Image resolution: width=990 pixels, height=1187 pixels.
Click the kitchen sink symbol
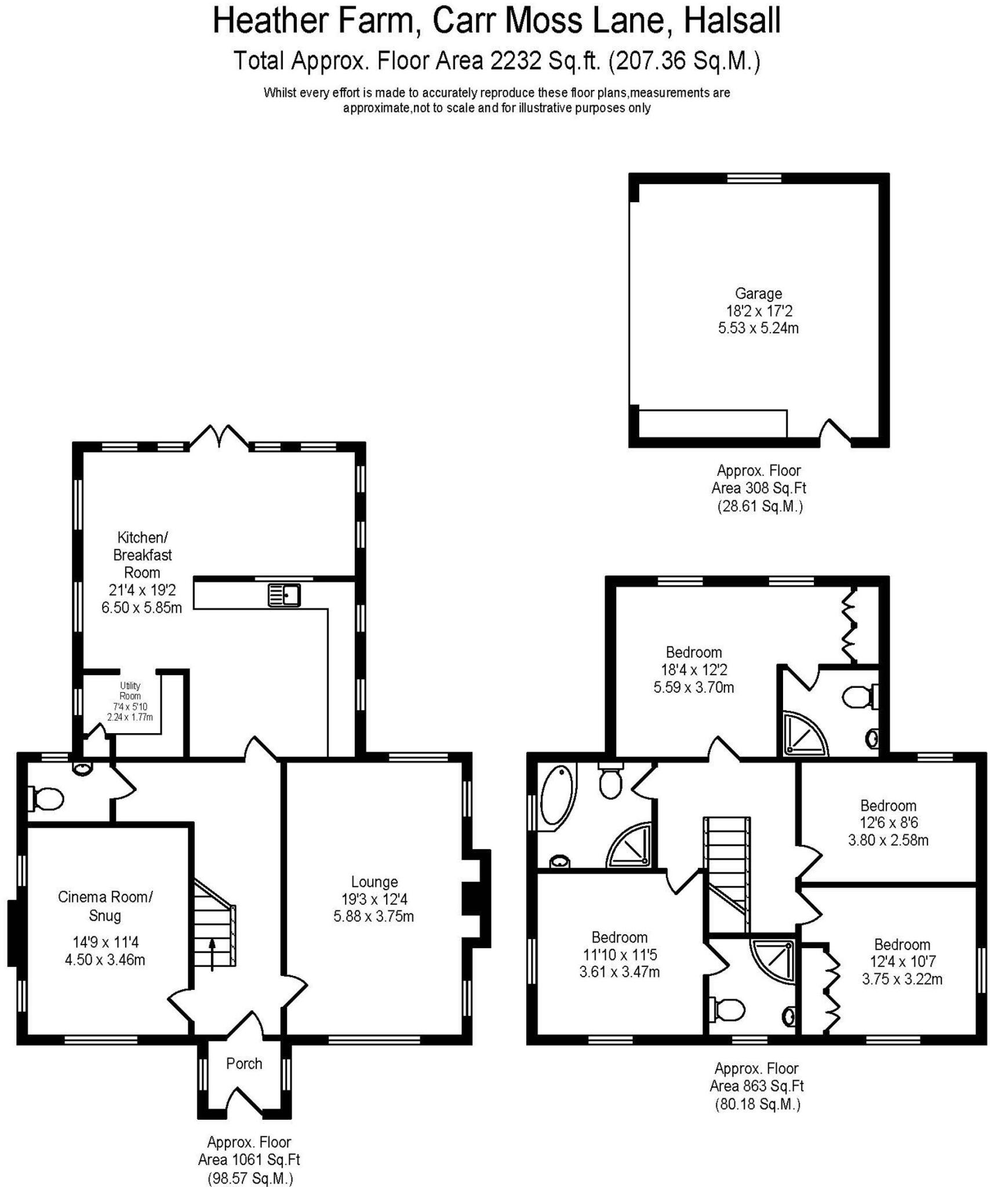pyautogui.click(x=284, y=595)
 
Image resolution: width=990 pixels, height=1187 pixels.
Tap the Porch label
pyautogui.click(x=244, y=1064)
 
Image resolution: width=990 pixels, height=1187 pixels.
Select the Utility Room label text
pyautogui.click(x=130, y=691)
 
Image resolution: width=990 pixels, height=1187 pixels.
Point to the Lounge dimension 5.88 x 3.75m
pyautogui.click(x=373, y=916)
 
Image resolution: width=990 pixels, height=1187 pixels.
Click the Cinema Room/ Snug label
pyautogui.click(x=105, y=906)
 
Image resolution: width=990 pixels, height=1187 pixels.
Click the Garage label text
pyautogui.click(x=758, y=293)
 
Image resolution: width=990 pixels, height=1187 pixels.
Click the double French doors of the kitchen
pyautogui.click(x=219, y=436)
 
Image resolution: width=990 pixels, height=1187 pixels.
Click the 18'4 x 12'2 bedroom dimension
pyautogui.click(x=694, y=669)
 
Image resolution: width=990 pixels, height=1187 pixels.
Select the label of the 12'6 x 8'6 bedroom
pyautogui.click(x=888, y=806)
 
